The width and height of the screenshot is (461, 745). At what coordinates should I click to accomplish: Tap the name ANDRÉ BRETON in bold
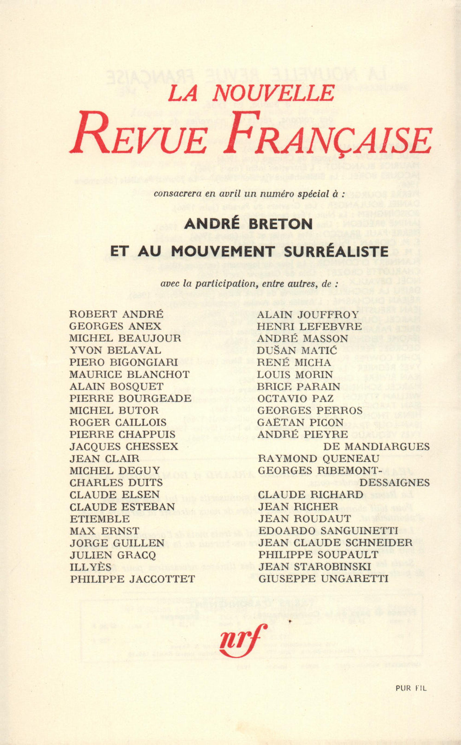(248, 224)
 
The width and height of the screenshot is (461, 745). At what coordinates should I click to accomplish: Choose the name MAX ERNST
(104, 531)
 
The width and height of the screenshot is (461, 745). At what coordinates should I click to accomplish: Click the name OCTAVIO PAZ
(296, 398)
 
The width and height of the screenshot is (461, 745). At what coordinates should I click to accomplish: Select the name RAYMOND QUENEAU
(319, 458)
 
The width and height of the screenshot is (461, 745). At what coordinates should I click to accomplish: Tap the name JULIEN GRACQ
(113, 555)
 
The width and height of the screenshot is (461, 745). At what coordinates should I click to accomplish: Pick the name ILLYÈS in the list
(91, 567)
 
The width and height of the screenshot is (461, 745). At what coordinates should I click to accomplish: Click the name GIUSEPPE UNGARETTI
(323, 579)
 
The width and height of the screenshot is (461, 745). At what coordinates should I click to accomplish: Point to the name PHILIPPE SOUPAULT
(318, 555)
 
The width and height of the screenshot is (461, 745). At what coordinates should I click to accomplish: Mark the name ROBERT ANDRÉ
(116, 314)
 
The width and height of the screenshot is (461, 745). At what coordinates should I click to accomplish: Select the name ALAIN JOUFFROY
(308, 314)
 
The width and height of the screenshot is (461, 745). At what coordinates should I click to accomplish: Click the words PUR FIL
(411, 688)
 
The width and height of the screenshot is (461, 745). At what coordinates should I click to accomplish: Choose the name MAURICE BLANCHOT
(130, 374)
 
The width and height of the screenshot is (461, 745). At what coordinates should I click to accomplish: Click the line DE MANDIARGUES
(376, 446)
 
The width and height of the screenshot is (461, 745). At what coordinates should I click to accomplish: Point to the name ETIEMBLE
(100, 519)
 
